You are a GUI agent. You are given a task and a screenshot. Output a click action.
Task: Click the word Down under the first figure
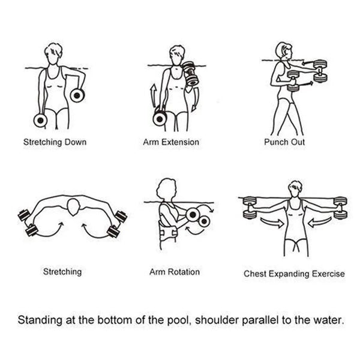[76, 142]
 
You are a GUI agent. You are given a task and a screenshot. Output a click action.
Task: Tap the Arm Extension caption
[171, 142]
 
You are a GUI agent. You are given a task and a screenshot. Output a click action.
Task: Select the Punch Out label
[284, 142]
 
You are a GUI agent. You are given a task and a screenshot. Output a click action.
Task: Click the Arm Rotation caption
[175, 272]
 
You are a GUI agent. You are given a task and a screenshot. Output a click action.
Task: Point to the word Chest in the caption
[255, 274]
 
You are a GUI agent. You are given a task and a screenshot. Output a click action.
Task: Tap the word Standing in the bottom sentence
[40, 320]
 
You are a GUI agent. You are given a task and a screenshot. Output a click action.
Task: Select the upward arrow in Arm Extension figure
[153, 96]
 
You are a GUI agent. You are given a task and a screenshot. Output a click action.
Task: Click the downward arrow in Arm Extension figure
[195, 100]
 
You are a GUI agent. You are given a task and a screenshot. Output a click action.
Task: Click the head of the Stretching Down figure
[53, 54]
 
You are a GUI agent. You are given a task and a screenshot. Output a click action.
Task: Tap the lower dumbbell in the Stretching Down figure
[40, 120]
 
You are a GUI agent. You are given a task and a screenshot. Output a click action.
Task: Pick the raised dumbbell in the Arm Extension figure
[190, 73]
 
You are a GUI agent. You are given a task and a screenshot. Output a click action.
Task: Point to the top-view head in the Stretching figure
[73, 206]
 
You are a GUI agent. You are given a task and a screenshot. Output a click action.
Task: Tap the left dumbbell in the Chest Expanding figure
[250, 207]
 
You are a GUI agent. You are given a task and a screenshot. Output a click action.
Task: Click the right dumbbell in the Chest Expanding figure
[340, 208]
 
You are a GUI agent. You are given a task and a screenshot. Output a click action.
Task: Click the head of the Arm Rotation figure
[166, 190]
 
